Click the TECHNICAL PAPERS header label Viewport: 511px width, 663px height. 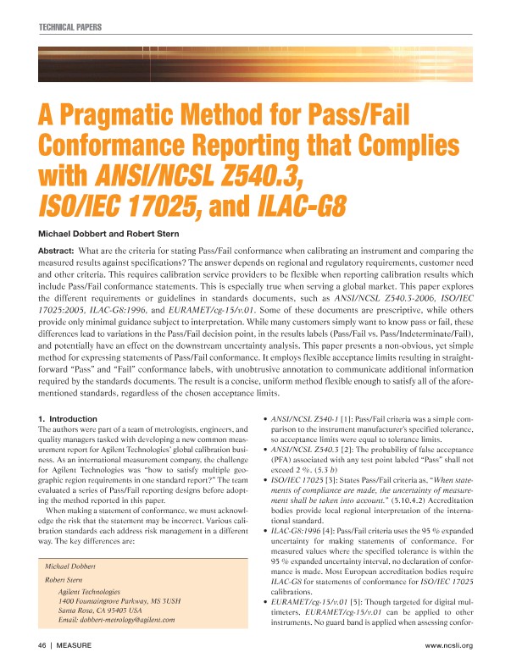pos(69,28)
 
